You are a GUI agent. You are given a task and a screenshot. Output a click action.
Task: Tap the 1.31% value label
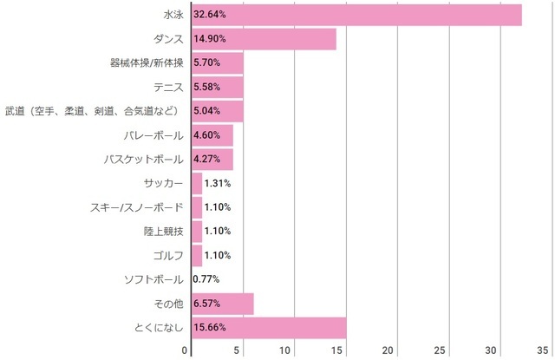[217, 183]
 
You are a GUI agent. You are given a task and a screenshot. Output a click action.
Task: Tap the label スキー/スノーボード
[136, 207]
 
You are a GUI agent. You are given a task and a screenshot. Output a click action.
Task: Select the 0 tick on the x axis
[186, 350]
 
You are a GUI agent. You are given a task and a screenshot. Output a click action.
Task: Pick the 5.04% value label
[208, 112]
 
